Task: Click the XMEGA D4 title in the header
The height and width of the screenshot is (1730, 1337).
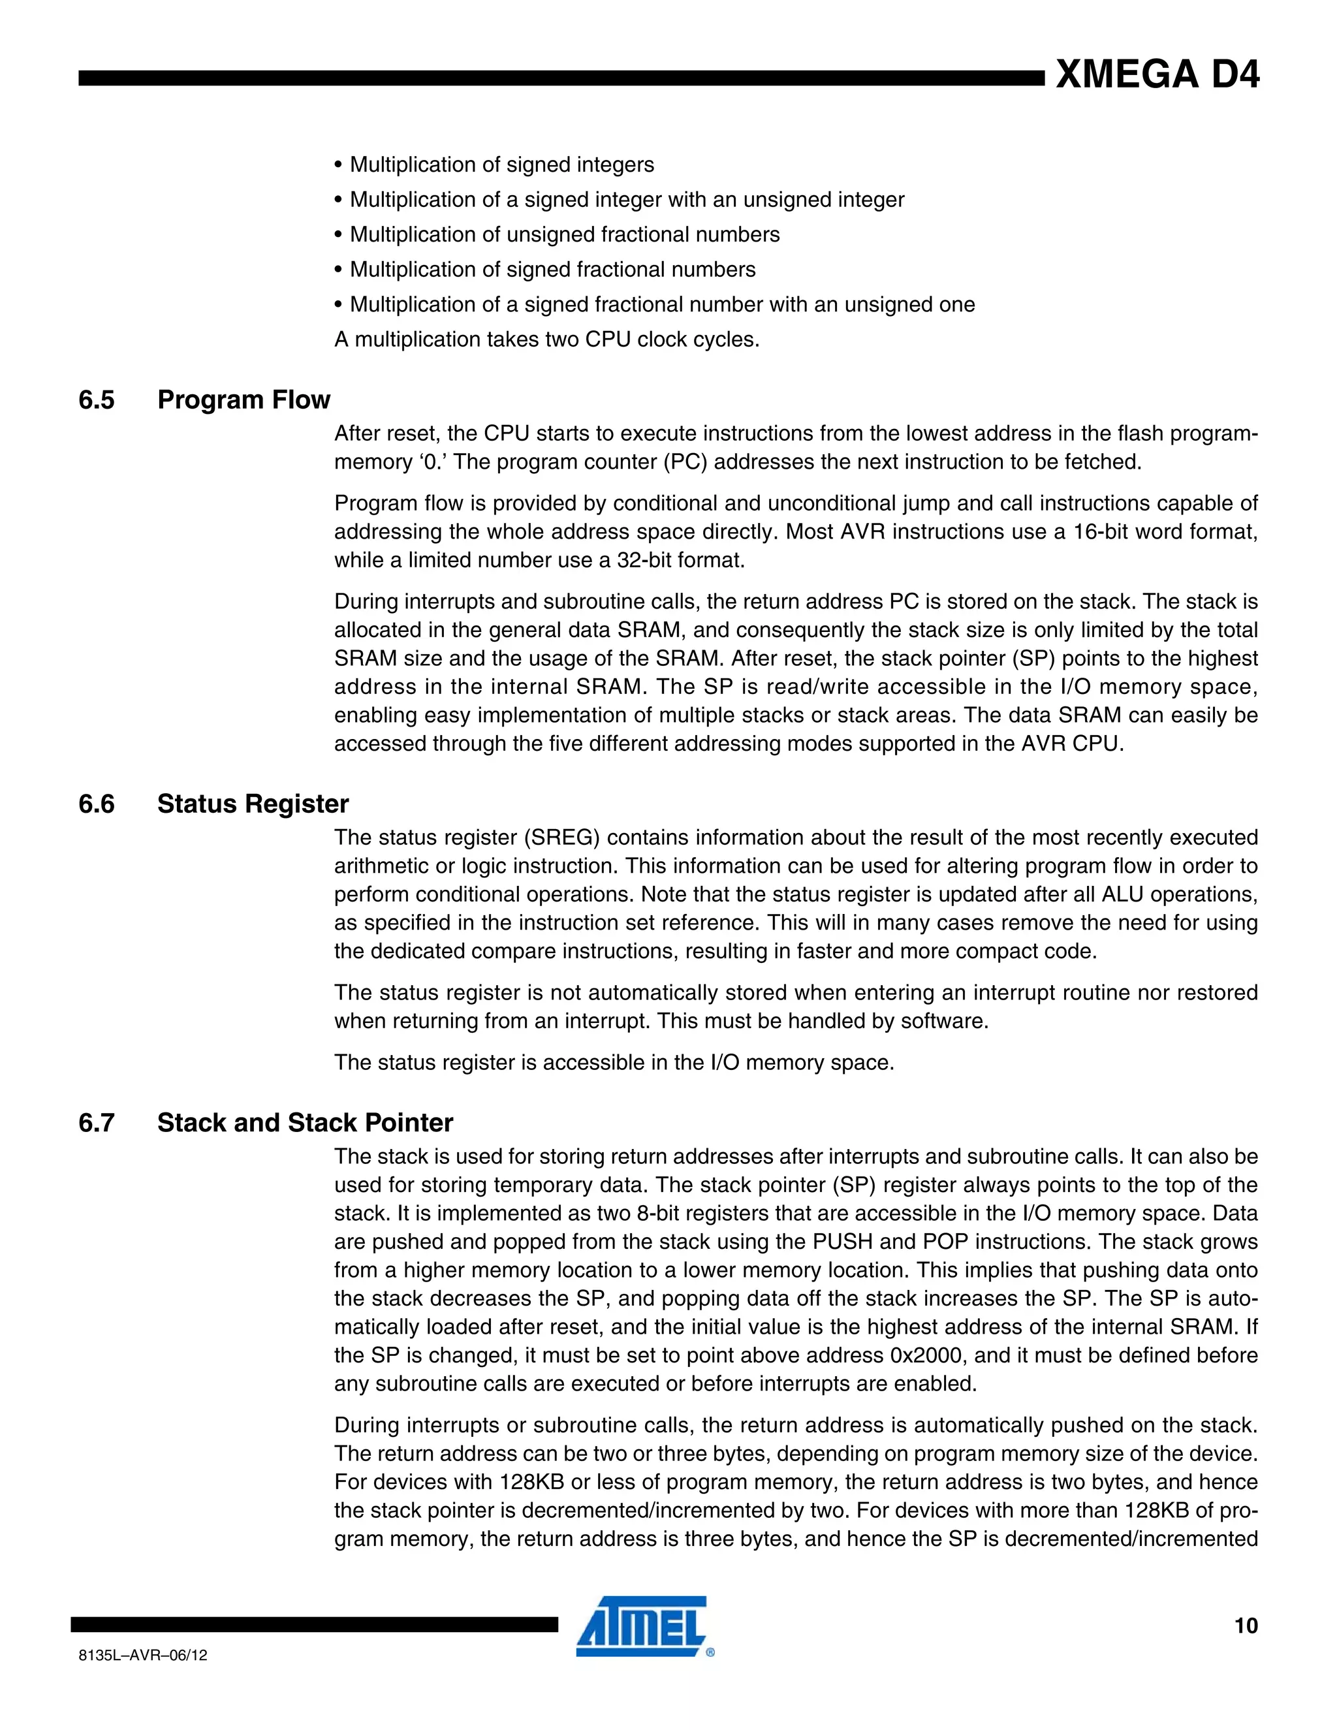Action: pyautogui.click(x=1156, y=74)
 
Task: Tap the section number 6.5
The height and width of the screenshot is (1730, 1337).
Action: pyautogui.click(x=96, y=400)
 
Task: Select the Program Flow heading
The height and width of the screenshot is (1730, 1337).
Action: pyautogui.click(x=243, y=400)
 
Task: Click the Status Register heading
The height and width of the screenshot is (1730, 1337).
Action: pyautogui.click(x=253, y=804)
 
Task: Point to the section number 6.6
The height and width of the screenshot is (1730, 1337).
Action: pyautogui.click(x=96, y=804)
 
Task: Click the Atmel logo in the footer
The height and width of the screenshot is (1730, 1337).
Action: pyautogui.click(x=642, y=1626)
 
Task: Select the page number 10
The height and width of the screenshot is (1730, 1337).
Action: pyautogui.click(x=1245, y=1626)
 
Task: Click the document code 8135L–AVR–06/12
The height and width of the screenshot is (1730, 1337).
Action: pyautogui.click(x=144, y=1655)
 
